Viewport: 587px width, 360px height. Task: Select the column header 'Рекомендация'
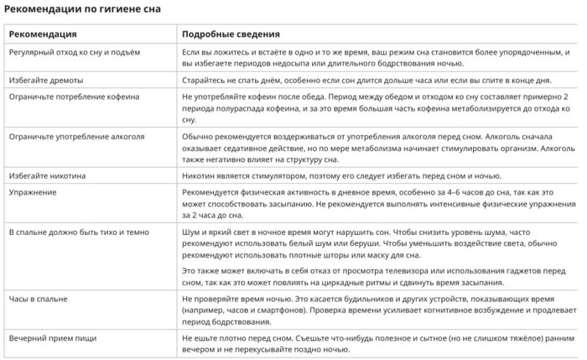43,34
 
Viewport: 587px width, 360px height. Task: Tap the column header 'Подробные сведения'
231,34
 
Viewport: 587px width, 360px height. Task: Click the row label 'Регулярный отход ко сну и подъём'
75,52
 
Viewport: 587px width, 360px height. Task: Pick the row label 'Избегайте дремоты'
46,80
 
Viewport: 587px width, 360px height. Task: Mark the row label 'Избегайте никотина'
47,176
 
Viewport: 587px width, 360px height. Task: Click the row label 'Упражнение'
32,192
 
